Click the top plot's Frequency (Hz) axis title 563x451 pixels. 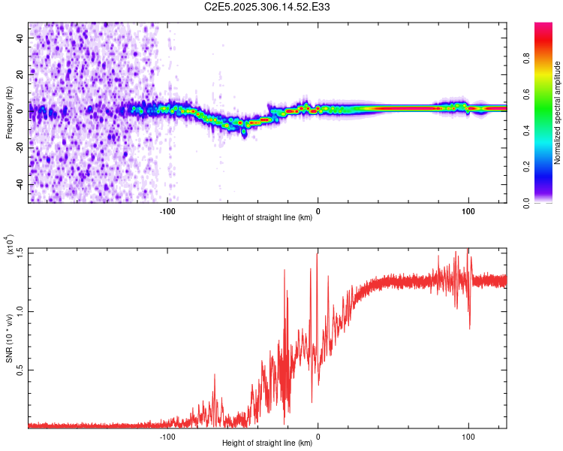click(10, 113)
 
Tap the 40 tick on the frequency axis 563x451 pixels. click(20, 37)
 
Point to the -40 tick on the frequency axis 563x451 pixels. click(20, 184)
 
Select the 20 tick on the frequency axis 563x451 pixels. click(20, 74)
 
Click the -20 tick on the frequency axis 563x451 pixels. click(20, 147)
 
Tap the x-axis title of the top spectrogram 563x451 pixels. click(267, 219)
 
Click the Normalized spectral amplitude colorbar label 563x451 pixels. click(557, 113)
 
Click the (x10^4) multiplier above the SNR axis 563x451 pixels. click(10, 247)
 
